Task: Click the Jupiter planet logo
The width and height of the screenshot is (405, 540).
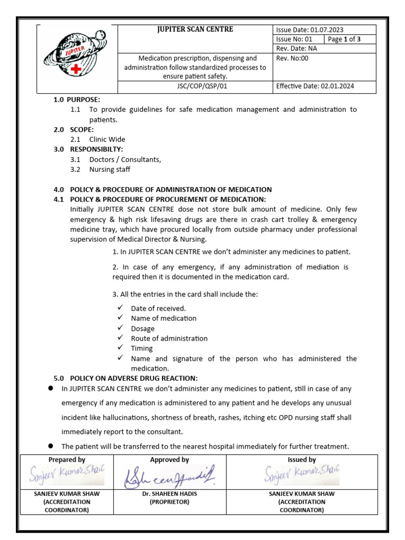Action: (76, 59)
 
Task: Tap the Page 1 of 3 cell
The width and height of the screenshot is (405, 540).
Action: (350, 40)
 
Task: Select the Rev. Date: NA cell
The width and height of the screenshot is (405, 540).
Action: (296, 49)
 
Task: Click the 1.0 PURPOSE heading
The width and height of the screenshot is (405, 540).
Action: (76, 100)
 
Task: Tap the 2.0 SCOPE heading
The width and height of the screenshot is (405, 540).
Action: (74, 130)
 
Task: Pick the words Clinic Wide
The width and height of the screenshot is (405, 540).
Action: (107, 140)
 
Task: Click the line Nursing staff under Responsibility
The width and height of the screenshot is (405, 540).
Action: (109, 169)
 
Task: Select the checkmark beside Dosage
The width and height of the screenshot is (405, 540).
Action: (120, 328)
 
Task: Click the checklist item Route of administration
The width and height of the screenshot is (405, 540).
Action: (169, 339)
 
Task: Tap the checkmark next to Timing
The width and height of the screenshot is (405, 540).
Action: (120, 348)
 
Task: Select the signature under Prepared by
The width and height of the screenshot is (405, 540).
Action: (67, 475)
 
